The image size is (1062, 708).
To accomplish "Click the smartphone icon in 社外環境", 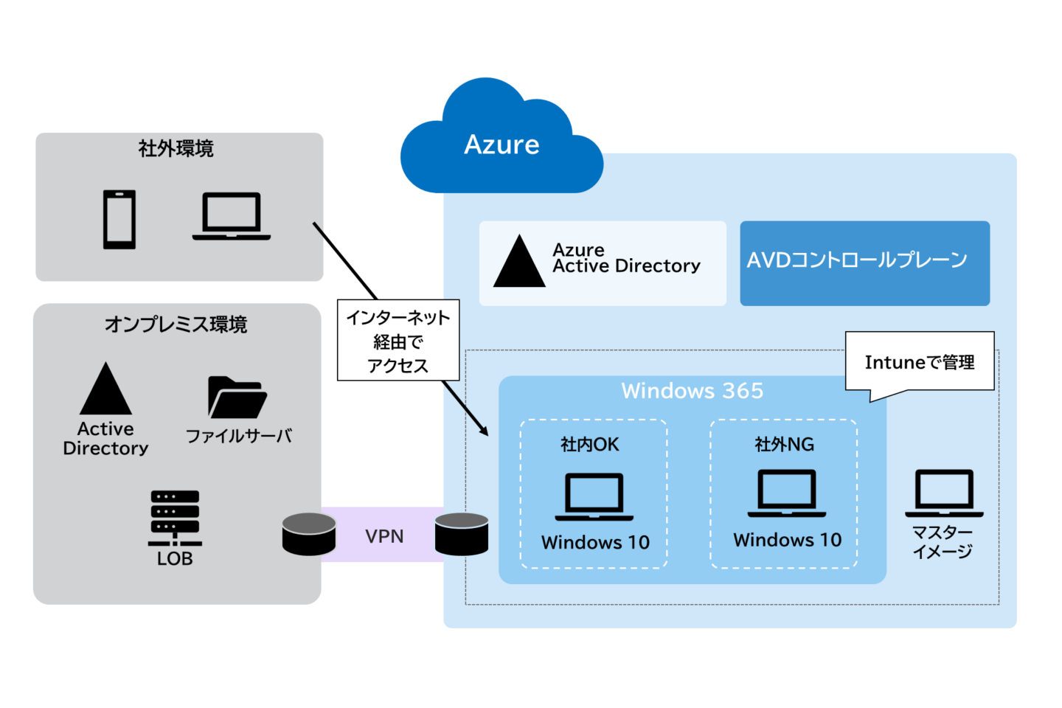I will pyautogui.click(x=119, y=219).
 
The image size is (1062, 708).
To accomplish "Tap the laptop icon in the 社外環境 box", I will pyautogui.click(x=232, y=216).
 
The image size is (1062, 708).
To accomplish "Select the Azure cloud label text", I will pyautogui.click(x=502, y=145).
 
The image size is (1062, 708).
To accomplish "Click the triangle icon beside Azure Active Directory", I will pyautogui.click(x=519, y=263).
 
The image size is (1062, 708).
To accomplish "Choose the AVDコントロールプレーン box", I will pyautogui.click(x=864, y=263).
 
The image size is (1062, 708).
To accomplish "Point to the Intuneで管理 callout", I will pyautogui.click(x=920, y=362).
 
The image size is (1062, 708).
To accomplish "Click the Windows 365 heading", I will pyautogui.click(x=692, y=390).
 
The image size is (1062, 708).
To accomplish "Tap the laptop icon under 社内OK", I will pyautogui.click(x=594, y=496).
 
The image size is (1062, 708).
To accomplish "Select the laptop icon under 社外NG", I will pyautogui.click(x=786, y=493).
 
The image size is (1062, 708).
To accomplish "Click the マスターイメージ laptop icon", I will pyautogui.click(x=944, y=493).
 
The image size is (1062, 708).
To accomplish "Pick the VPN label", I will pyautogui.click(x=384, y=536).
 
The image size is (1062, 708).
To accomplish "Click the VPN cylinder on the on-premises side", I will pyautogui.click(x=309, y=534).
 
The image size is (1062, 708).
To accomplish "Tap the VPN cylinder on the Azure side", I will pyautogui.click(x=462, y=534).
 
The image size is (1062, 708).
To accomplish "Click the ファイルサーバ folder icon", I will pyautogui.click(x=237, y=398).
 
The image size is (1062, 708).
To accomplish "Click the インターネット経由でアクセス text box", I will pyautogui.click(x=398, y=341).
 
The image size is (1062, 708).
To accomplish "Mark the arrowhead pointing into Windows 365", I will pyautogui.click(x=484, y=431).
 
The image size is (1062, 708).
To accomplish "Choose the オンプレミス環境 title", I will pyautogui.click(x=176, y=324).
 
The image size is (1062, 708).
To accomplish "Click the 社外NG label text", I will pyautogui.click(x=784, y=444).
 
